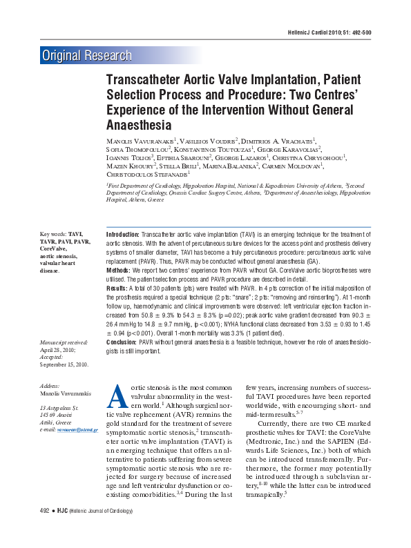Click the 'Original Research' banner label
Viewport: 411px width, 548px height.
pyautogui.click(x=86, y=56)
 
